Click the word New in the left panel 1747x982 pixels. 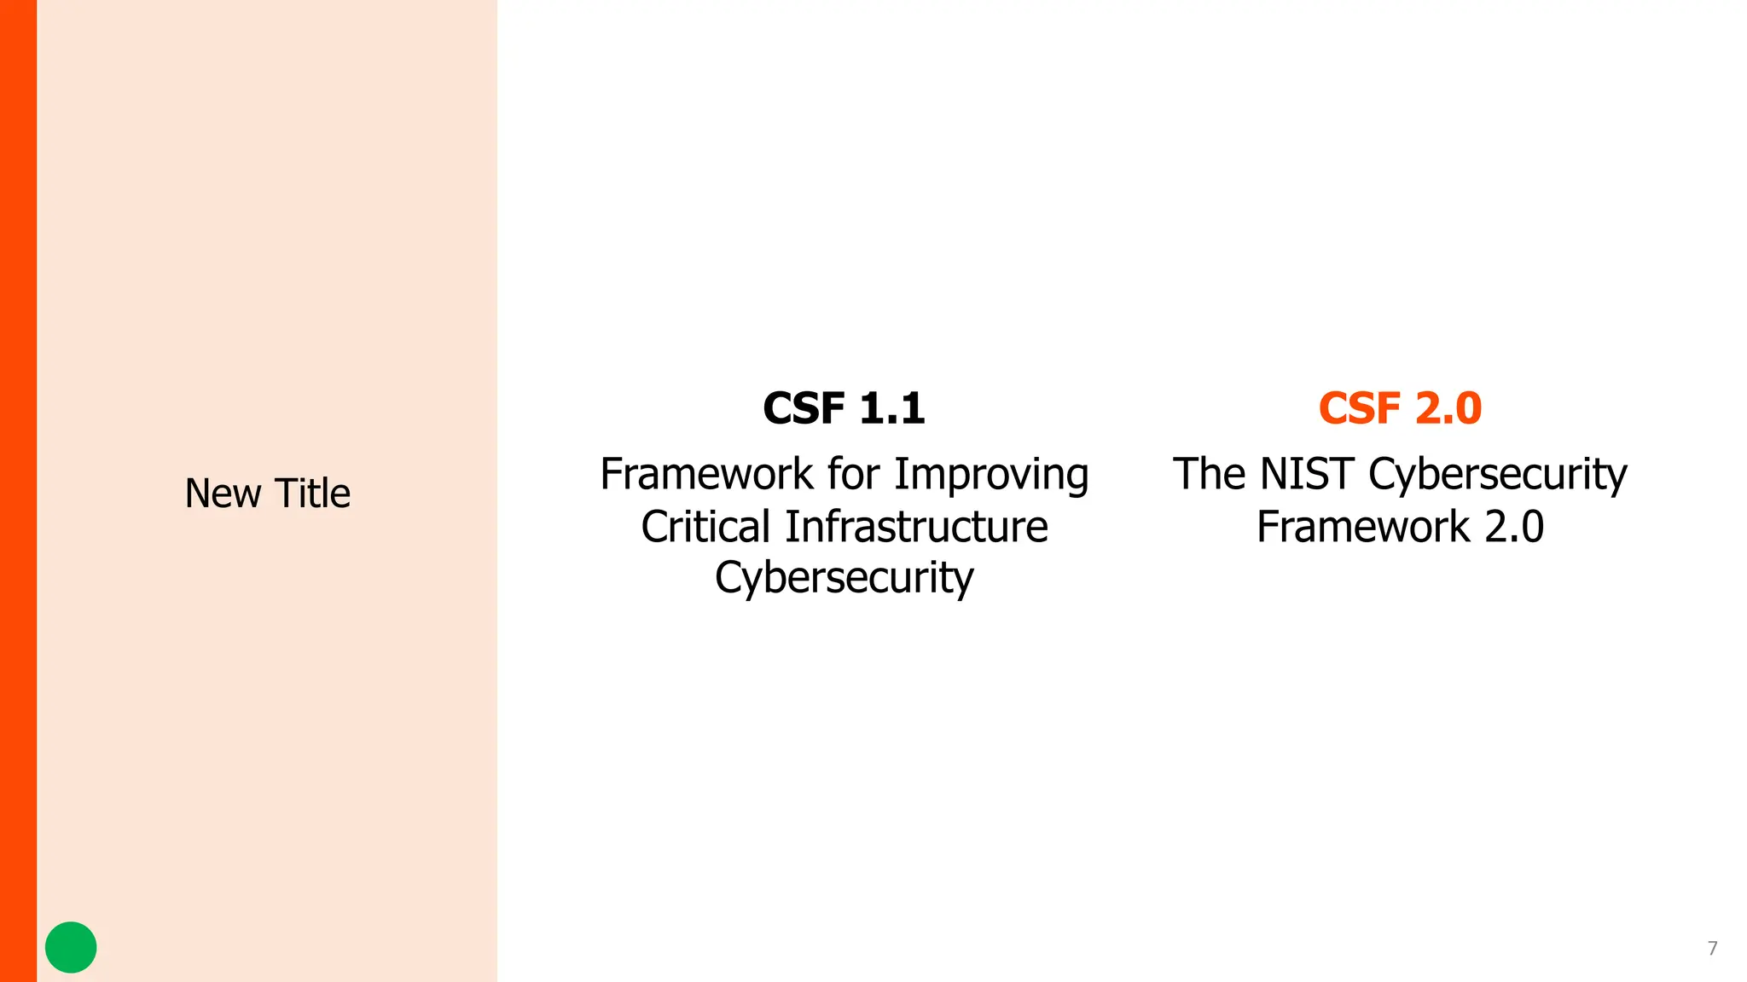(223, 494)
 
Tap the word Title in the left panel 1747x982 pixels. (312, 494)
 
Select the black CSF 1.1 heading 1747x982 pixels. (844, 408)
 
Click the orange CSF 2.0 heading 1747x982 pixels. (1400, 408)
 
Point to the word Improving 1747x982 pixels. (991, 475)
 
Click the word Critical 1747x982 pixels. (705, 527)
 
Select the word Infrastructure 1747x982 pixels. (916, 527)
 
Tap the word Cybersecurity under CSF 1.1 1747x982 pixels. (844, 579)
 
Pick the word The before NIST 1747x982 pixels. (1209, 474)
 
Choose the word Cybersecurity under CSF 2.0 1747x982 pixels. (1498, 475)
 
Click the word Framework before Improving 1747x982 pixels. (706, 474)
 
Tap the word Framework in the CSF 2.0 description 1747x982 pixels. (1363, 527)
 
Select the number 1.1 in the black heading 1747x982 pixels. (892, 408)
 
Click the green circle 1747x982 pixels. (71, 947)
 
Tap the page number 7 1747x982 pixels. (1712, 948)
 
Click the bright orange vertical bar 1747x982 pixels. (18, 491)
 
